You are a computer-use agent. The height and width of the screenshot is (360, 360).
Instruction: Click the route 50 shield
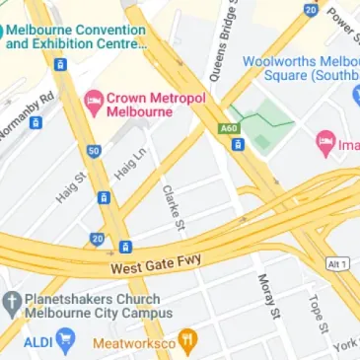click(94, 151)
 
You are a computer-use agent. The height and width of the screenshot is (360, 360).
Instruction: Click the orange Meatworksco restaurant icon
click(187, 342)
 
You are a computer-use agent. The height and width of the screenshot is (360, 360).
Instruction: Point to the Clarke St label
click(175, 206)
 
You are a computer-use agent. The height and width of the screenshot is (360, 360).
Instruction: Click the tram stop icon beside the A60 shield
click(238, 145)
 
